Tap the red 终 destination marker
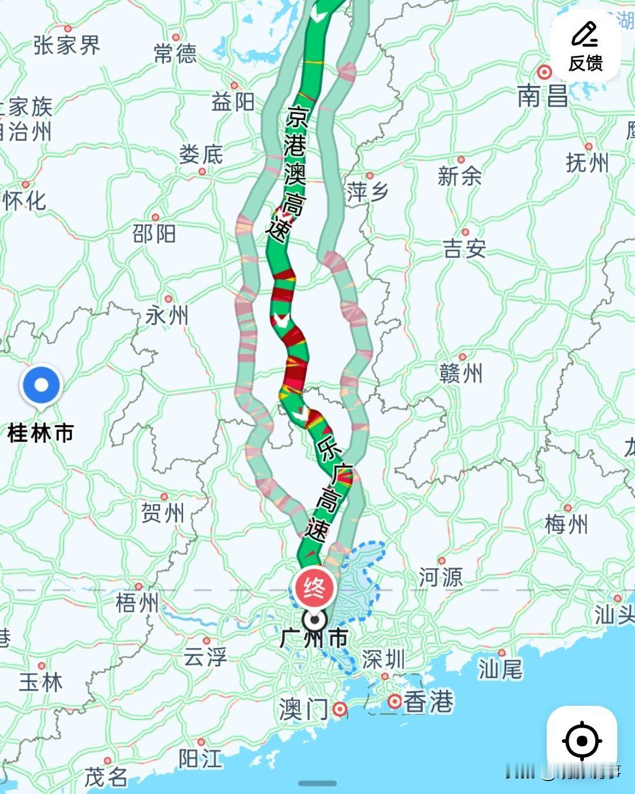[315, 588]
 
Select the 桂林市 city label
[41, 433]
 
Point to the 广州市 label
[314, 638]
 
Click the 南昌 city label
[542, 96]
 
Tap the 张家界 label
[66, 45]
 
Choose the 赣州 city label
[461, 373]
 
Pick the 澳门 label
[303, 709]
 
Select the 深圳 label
[383, 659]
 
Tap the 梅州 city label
[566, 523]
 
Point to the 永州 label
[167, 316]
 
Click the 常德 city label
[175, 54]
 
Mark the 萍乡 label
[367, 192]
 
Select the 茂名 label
[106, 777]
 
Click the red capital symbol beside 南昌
[545, 72]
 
